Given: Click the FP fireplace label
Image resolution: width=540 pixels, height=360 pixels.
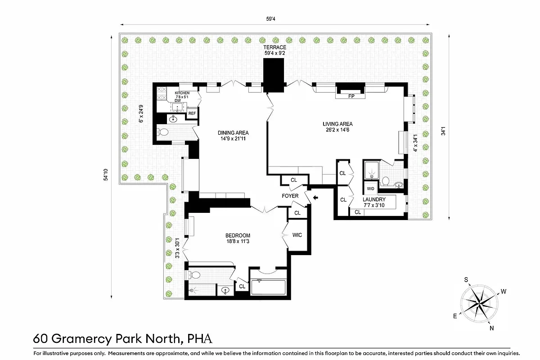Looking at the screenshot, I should tap(351, 96).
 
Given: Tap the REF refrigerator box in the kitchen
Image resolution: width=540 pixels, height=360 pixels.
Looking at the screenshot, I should tap(192, 113).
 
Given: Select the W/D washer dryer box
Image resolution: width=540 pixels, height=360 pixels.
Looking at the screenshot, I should tap(371, 189).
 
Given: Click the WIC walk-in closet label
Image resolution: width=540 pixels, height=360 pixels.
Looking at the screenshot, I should tap(297, 235).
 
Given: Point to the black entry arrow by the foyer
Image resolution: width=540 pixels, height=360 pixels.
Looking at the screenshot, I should tap(315, 197).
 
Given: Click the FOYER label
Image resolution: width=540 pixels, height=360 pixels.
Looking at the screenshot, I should tap(290, 196).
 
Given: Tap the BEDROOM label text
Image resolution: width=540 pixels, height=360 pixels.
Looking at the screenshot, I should tap(238, 235).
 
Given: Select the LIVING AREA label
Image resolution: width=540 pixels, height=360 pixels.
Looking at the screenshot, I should tap(337, 124).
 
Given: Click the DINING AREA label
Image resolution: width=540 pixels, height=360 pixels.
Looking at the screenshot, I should tap(233, 133).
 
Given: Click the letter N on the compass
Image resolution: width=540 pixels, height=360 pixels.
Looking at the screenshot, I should tap(491, 328).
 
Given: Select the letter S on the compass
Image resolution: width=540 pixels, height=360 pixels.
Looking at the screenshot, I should tap(467, 279).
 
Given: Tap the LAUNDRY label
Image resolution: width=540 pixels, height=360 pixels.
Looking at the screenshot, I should tap(374, 199).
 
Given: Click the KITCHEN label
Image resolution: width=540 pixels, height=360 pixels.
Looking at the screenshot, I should tap(182, 93).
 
